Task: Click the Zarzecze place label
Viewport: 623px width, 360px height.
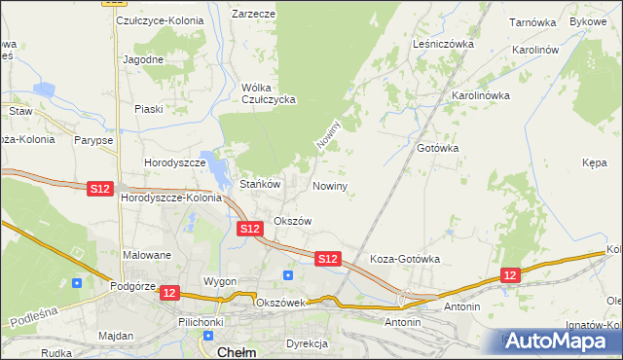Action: pos(253,15)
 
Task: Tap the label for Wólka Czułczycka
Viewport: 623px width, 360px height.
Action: pos(268,93)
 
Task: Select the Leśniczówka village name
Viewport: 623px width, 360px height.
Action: pos(442,44)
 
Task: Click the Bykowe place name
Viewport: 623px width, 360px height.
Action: pos(587,20)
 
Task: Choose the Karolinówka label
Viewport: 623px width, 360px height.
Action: pos(481,95)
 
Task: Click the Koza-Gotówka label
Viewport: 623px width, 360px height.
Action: pos(406,260)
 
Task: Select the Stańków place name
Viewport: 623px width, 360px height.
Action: pos(260,183)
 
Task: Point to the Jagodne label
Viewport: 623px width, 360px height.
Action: pos(143,59)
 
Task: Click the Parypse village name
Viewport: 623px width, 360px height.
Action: pos(92,140)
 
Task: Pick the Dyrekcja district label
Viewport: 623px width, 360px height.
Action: pos(309,343)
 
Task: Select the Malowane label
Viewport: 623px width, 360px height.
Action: pos(147,255)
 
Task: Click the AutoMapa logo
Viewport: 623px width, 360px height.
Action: pos(560,342)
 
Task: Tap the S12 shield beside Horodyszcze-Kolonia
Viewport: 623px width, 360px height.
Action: pos(99,188)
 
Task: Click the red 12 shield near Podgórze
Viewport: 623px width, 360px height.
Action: pos(169,292)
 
